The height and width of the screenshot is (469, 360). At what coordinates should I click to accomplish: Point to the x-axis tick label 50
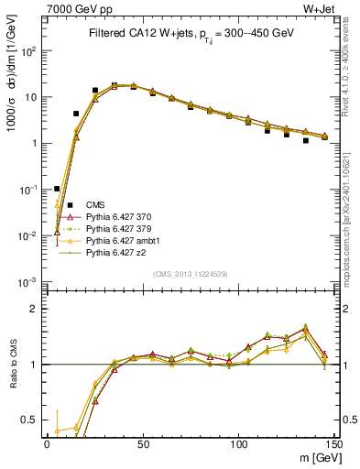[x=143, y=443]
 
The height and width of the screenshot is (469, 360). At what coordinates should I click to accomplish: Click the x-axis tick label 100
[x=239, y=443]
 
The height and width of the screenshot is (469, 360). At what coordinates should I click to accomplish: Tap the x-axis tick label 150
[x=335, y=443]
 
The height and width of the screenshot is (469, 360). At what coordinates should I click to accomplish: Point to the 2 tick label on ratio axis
[x=35, y=309]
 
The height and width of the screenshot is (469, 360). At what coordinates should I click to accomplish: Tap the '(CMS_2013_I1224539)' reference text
[x=191, y=273]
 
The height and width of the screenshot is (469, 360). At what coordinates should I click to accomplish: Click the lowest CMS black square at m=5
[x=57, y=189]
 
